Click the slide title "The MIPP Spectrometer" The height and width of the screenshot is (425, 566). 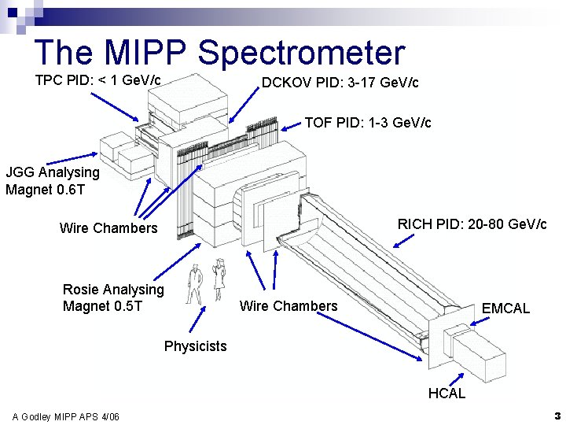coord(219,52)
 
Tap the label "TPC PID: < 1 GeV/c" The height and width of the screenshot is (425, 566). coord(98,80)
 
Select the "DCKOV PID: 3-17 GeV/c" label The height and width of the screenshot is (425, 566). coord(340,83)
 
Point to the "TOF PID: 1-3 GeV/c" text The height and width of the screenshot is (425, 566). coord(367,123)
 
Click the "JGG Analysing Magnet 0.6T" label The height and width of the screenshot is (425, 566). coord(53,180)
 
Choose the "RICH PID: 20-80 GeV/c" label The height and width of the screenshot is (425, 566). coord(472,224)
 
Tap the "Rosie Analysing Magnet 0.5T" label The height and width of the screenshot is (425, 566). coord(113,297)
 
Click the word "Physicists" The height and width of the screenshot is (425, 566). coord(195,346)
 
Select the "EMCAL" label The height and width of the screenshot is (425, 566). coord(505,309)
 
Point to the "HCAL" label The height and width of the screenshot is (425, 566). coord(447,393)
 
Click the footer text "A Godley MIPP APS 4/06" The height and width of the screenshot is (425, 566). coord(66,416)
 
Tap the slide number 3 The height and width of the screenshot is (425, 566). coord(556,415)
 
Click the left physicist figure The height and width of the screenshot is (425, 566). coord(193,283)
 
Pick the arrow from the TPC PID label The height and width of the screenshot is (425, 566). coord(115,107)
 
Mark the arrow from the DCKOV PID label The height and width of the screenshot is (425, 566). coord(244,105)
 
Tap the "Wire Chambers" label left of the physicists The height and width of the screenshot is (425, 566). coord(108,228)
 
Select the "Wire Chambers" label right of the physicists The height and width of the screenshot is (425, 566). coord(289,306)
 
